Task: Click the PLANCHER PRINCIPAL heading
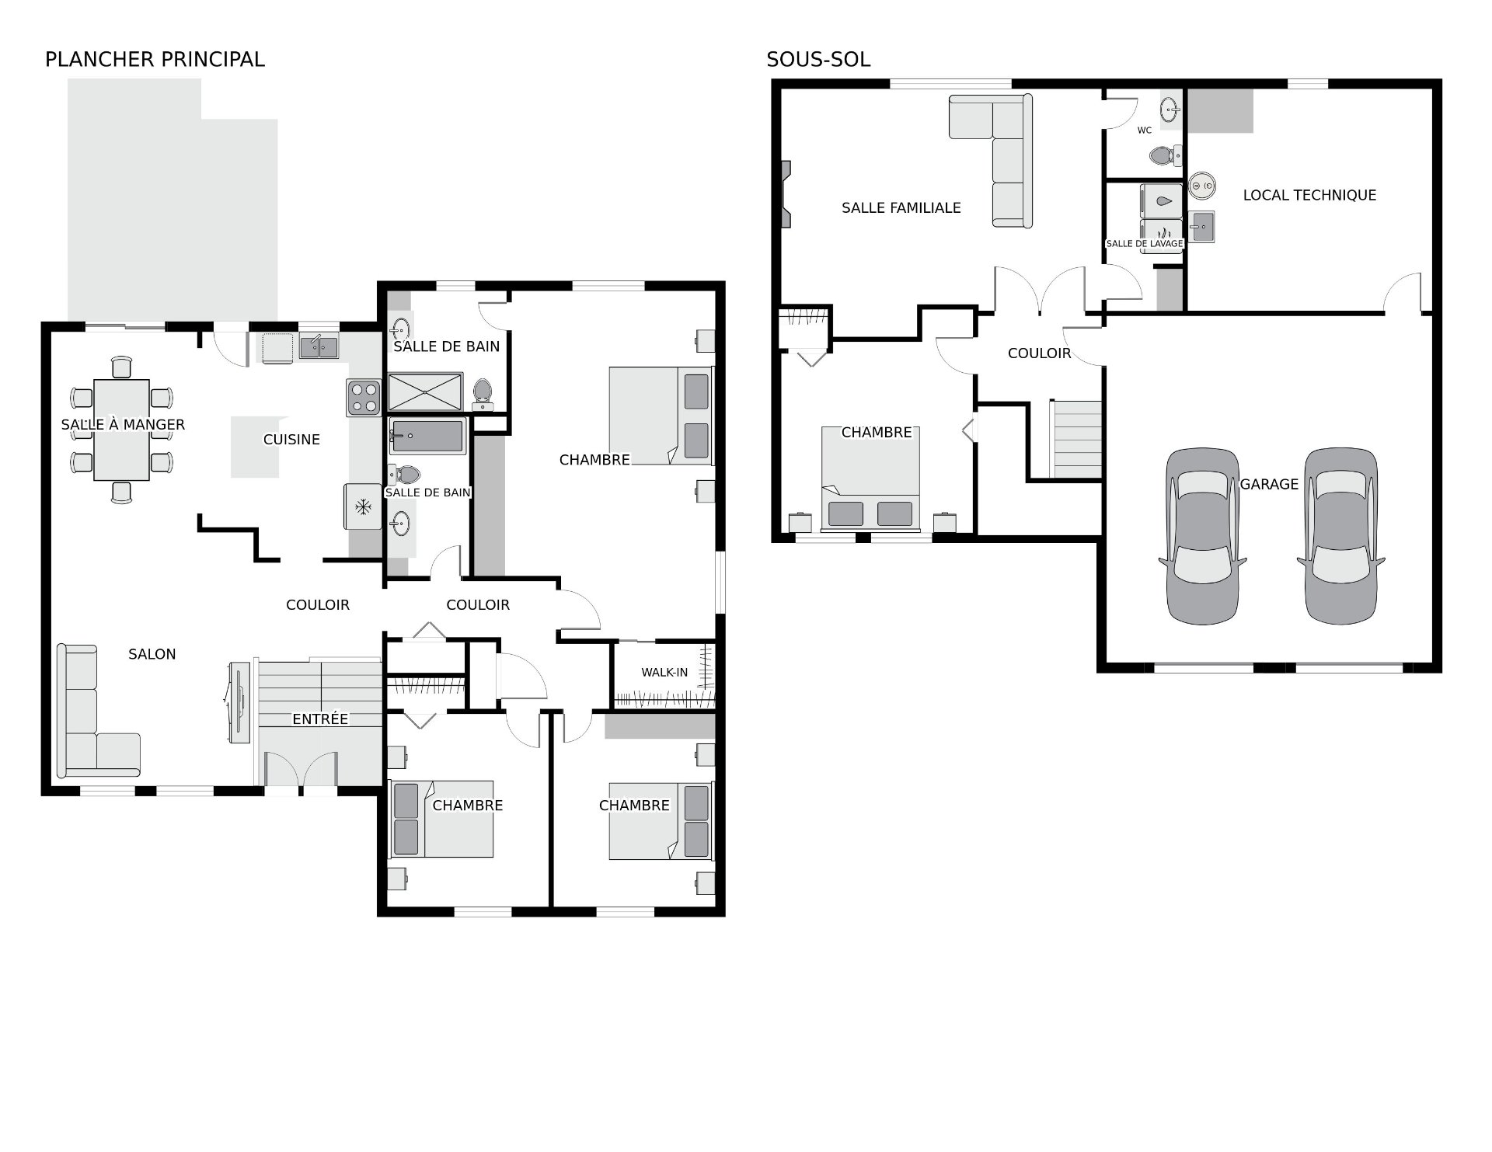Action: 155,59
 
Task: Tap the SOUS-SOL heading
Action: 818,59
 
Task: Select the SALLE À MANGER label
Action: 123,424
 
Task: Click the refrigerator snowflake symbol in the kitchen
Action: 362,507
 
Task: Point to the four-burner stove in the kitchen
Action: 364,397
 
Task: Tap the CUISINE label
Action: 291,439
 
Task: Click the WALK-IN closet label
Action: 664,672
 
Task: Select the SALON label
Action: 152,654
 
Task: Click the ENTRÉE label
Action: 320,719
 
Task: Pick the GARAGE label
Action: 1269,484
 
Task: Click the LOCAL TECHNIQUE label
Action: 1309,195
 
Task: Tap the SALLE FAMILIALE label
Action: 901,207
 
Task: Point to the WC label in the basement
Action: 1145,131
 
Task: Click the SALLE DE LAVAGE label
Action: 1145,243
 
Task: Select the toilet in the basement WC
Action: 1166,155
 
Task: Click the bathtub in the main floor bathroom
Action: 427,437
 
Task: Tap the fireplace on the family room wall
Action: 786,193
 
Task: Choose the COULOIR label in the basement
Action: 1039,353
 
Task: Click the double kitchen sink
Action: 319,346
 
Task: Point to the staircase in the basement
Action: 1075,439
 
